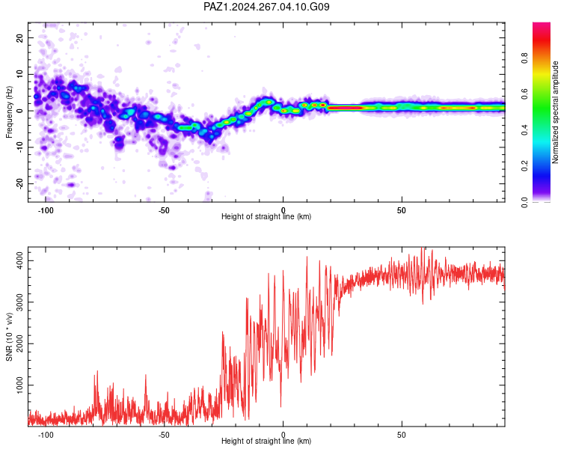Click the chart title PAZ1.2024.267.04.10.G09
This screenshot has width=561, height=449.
[266, 7]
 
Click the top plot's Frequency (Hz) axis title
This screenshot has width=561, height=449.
[9, 112]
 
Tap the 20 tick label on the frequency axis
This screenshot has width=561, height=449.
[19, 37]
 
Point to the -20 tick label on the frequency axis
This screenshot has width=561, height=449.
[19, 183]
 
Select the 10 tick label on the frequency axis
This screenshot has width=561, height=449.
[19, 74]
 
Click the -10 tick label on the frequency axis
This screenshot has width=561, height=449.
[19, 147]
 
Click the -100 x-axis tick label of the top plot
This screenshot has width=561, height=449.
[45, 210]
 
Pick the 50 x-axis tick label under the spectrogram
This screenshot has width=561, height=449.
[402, 210]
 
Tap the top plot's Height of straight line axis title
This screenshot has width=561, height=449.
[266, 216]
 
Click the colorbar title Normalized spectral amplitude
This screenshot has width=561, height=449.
[555, 112]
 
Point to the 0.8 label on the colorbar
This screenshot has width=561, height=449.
[524, 58]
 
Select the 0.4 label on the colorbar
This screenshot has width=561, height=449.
[524, 129]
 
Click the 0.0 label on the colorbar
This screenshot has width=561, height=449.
[524, 202]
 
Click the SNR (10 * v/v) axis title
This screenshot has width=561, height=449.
[9, 337]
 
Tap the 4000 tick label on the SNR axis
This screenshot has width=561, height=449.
[19, 260]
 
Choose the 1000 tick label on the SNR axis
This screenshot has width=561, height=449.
[19, 385]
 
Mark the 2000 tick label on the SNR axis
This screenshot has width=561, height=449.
[19, 343]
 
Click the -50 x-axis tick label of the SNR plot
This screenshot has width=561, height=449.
[164, 435]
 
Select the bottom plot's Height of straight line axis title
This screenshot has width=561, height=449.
[266, 441]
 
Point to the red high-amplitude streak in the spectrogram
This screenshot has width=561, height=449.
[346, 108]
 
